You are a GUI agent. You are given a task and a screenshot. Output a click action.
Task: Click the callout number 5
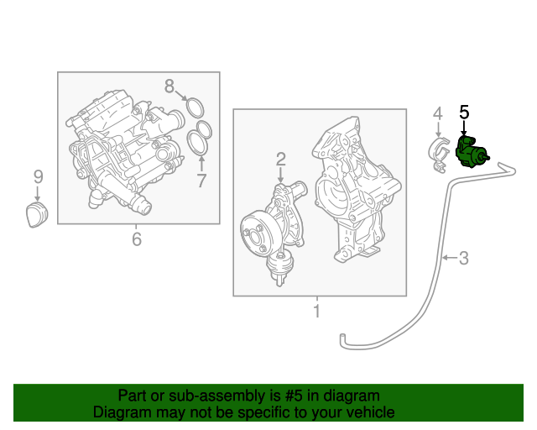point(464,113)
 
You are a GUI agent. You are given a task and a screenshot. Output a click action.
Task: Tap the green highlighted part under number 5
point(471,152)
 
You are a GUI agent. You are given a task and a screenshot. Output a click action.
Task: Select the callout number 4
point(438,113)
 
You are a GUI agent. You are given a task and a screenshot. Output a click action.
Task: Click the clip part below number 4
point(439,155)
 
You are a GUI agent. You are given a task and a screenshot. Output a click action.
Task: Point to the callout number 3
point(464,258)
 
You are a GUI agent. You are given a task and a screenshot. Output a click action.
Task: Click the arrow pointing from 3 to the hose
point(450,257)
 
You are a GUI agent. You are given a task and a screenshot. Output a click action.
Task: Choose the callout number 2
point(281,159)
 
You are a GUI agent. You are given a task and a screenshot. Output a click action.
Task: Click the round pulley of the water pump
point(256,234)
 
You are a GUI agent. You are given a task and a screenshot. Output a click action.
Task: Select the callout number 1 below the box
point(317,311)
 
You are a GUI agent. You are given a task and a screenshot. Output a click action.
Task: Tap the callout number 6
point(137,239)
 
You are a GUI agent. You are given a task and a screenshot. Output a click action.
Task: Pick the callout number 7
point(201,181)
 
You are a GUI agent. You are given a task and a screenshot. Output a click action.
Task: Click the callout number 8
point(169,86)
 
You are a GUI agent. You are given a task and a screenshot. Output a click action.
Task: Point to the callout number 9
point(39,177)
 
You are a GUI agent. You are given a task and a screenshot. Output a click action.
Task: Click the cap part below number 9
point(37,214)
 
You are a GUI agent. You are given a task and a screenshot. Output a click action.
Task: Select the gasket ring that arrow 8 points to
point(196,107)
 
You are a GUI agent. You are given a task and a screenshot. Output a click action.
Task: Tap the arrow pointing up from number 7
point(201,163)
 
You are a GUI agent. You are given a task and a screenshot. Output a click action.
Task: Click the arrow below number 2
point(281,175)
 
